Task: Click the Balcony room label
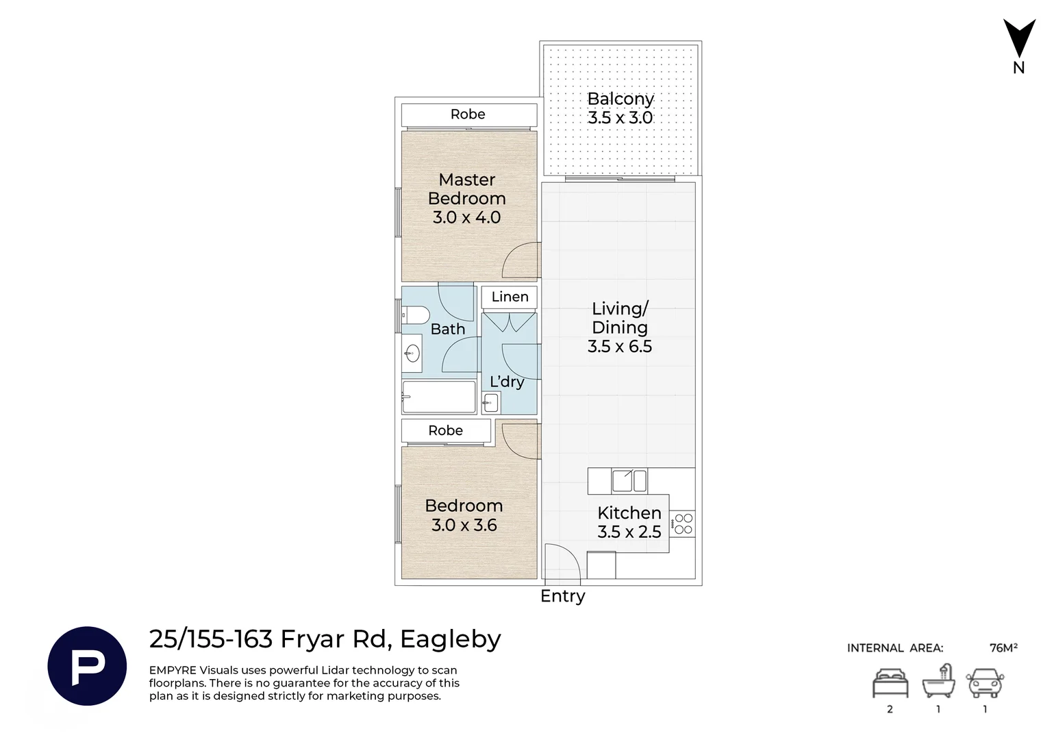point(620,99)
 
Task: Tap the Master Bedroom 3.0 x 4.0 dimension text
point(466,217)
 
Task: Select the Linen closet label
point(510,297)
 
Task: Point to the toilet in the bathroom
point(416,315)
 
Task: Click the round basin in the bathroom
point(413,353)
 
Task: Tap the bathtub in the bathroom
point(439,397)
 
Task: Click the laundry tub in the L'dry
point(491,403)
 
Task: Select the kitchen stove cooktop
point(682,524)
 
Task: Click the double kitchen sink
point(629,481)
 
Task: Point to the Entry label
point(563,596)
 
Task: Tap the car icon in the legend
point(985,683)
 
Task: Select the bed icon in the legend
point(890,683)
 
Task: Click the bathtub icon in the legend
point(938,681)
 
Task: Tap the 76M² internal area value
point(1003,648)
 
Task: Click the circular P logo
point(87,666)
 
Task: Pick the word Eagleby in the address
point(451,640)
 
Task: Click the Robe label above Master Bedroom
point(468,114)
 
